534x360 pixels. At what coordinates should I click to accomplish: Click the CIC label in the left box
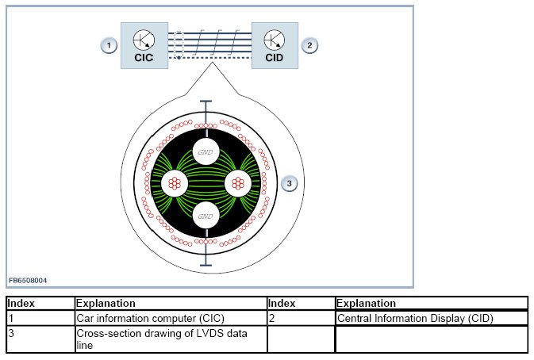point(144,57)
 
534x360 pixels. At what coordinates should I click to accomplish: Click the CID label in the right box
point(274,57)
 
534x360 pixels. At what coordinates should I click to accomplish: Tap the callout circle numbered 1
point(109,45)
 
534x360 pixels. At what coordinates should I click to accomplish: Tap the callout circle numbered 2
point(309,45)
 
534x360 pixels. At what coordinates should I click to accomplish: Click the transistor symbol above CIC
point(144,39)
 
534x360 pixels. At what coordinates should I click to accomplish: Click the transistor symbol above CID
point(274,39)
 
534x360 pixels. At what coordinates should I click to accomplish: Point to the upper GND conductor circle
point(206,151)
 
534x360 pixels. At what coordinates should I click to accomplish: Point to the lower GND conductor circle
point(206,215)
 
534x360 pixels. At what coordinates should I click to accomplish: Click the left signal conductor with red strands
point(175,183)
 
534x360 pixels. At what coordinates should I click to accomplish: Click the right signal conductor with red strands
point(237,183)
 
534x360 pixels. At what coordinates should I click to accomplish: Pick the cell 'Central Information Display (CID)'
point(415,318)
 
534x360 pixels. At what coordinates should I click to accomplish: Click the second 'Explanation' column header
point(366,303)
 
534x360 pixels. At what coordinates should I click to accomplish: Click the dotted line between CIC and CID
point(214,59)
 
